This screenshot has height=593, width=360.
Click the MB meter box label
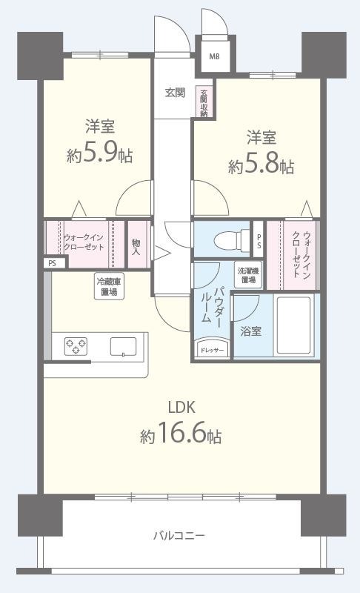point(213,56)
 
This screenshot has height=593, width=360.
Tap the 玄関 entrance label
point(175,93)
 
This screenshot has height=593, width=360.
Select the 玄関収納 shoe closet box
point(203,103)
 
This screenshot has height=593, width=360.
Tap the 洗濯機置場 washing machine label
point(247,275)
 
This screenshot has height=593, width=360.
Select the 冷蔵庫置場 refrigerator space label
point(109,286)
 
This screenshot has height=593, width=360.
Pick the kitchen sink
point(123,346)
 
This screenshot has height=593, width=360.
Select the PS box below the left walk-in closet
point(51,262)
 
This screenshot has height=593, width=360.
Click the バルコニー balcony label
point(179,534)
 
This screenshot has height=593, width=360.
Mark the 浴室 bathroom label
point(251,331)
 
